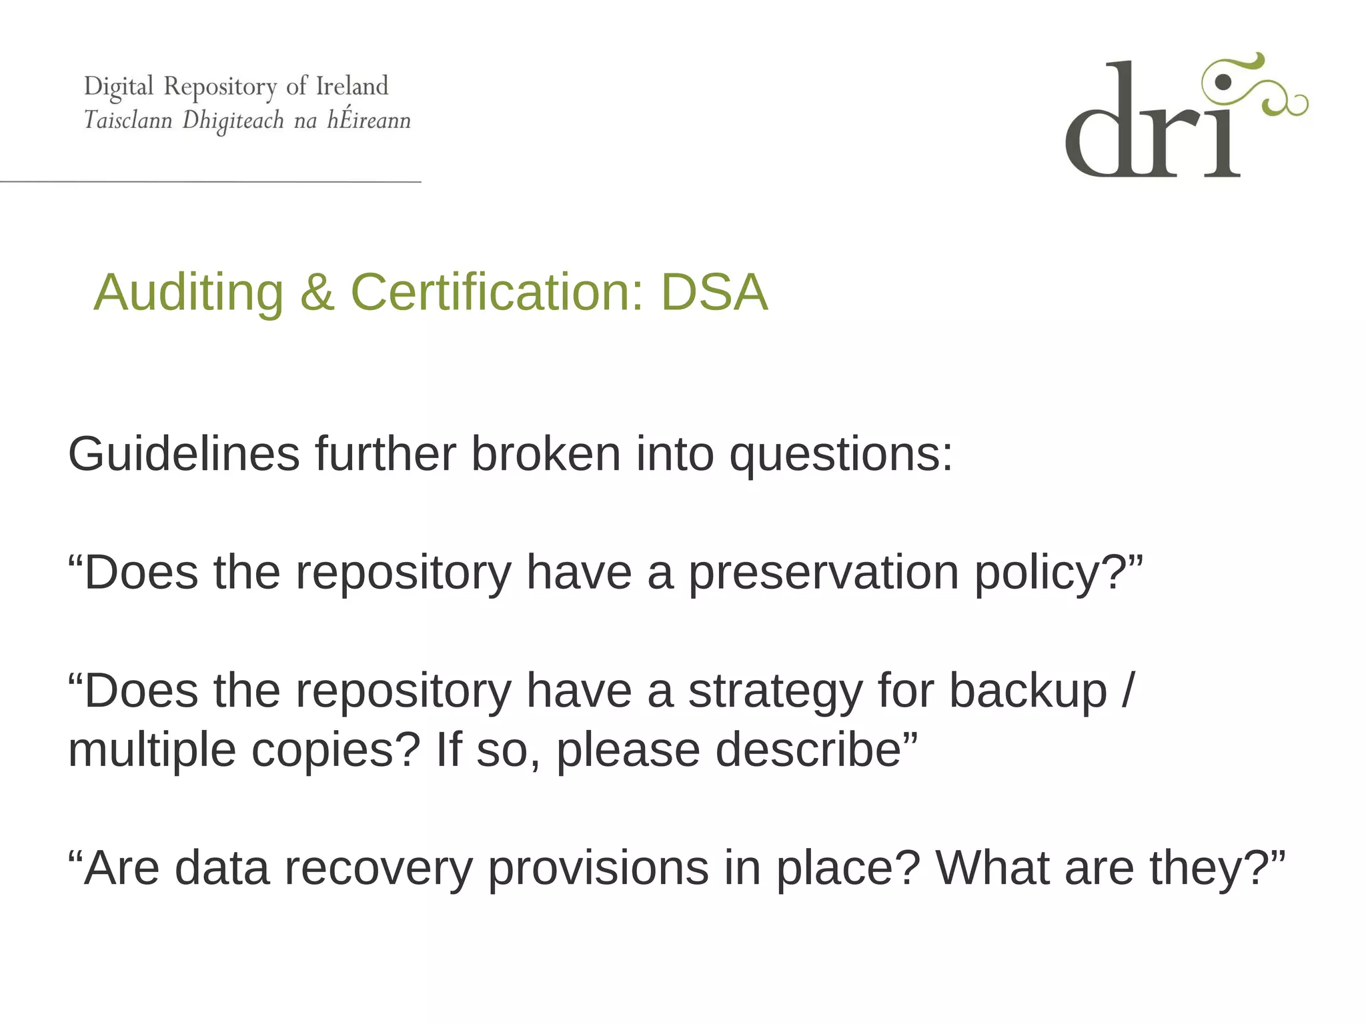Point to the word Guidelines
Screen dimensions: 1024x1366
click(x=184, y=454)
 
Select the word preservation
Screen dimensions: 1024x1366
click(x=823, y=573)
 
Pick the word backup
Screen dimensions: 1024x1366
click(x=1028, y=691)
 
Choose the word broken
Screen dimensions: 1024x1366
click(x=546, y=454)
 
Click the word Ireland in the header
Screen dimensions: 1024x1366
click(x=352, y=86)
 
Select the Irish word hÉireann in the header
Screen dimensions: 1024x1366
click(x=369, y=120)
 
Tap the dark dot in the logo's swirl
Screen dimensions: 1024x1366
click(x=1223, y=82)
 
